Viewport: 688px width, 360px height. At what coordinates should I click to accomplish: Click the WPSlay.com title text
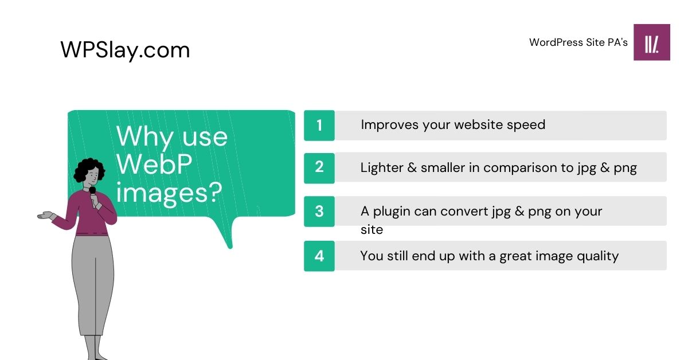pos(125,50)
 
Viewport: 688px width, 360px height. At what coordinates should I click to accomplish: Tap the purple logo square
pos(651,42)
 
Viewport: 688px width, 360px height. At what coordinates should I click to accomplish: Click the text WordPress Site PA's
pos(578,42)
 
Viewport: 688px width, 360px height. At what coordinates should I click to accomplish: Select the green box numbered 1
pos(319,126)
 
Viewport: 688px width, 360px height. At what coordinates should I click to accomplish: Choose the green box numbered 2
pos(319,167)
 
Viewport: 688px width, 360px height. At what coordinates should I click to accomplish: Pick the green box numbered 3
pos(319,211)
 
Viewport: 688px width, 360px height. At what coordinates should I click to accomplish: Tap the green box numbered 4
pos(319,256)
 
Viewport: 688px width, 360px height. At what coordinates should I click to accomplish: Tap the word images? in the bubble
pos(169,193)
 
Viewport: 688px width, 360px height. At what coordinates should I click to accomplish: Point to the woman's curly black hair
pos(89,170)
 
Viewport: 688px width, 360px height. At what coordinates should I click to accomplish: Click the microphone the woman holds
pos(92,191)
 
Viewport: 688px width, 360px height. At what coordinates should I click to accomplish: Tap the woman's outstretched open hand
pos(45,216)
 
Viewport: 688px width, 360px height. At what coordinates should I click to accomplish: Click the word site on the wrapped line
pos(372,230)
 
